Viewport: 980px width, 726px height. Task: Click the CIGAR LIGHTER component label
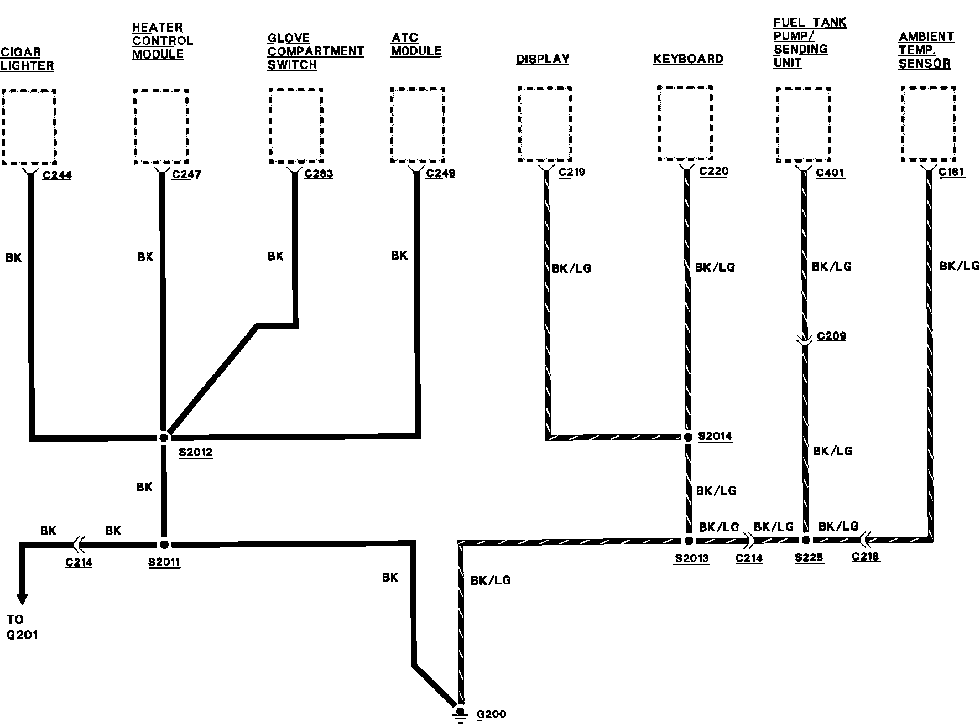27,59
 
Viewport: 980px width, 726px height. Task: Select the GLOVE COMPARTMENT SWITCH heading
315,51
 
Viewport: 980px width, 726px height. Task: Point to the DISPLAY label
543,59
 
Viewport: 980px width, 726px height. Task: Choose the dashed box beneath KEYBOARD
685,123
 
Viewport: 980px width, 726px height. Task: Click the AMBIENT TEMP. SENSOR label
926,50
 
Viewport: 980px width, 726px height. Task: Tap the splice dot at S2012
164,438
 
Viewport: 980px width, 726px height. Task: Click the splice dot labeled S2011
164,544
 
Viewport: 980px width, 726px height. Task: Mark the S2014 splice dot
688,437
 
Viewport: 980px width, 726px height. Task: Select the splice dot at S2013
689,541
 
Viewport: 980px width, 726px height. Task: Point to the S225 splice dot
806,540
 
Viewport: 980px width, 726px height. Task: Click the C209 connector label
831,336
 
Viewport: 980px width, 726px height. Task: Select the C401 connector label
830,173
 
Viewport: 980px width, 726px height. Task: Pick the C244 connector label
57,175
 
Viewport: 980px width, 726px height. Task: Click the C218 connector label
866,557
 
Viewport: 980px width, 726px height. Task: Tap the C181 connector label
952,172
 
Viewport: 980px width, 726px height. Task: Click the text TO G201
22,627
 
